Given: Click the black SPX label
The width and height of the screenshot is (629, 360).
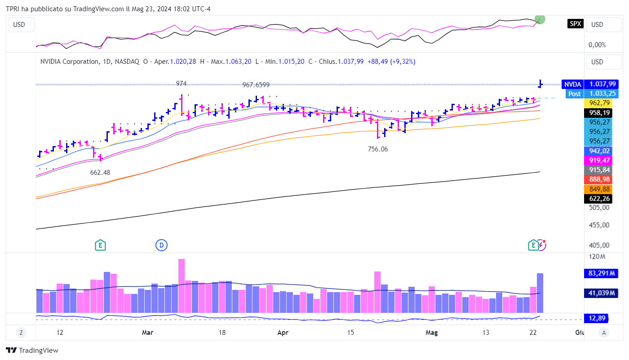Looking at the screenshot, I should tap(575, 24).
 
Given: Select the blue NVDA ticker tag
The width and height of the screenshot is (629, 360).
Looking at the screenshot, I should tap(572, 84).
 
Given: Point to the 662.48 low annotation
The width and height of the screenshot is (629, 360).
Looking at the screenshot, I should tap(100, 173).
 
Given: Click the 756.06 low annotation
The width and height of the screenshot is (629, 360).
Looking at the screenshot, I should tap(377, 149).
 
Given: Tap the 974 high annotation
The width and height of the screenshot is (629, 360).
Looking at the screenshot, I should tap(181, 84).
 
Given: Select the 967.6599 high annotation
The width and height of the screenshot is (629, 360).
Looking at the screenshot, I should tap(256, 85).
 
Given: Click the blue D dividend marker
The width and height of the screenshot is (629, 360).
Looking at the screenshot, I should tap(161, 245).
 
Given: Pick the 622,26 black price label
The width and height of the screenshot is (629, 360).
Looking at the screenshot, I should tap(600, 199).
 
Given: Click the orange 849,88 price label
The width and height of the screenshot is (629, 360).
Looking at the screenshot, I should tap(600, 189).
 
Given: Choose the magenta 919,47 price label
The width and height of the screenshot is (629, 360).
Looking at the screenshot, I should tap(600, 160).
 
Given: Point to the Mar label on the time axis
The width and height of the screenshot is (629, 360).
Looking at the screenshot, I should tap(147, 333).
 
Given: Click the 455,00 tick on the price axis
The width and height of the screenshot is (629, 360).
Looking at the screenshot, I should tap(600, 225).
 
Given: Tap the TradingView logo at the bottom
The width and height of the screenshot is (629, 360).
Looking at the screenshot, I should tap(32, 351).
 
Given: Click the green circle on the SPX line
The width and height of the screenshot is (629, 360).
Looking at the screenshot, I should tap(540, 19).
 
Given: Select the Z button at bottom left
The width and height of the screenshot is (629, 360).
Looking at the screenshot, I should tap(21, 333).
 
